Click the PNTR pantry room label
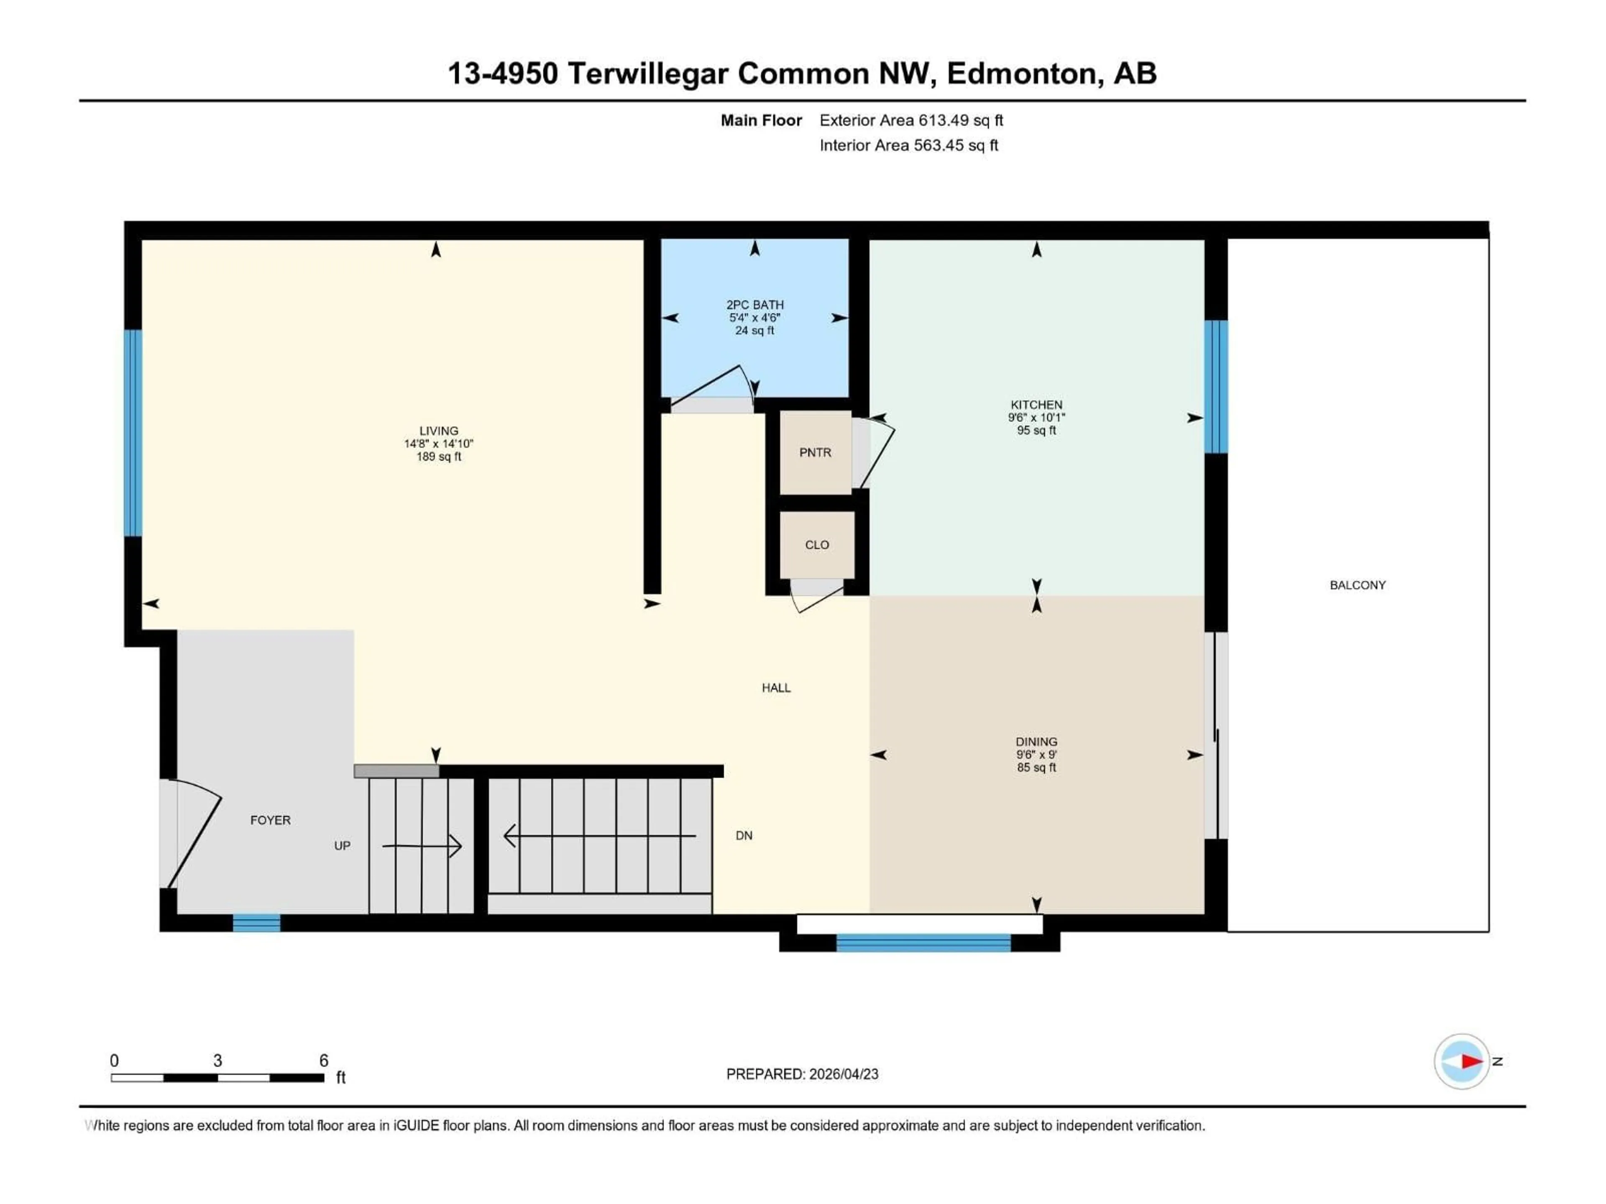815,452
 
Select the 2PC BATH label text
754,305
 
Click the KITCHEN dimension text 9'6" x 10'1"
1036,417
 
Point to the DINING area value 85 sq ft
1036,767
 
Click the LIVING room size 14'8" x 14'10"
439,444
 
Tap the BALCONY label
1357,585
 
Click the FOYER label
270,820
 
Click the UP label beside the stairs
342,845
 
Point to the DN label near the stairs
744,835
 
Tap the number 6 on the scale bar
324,1060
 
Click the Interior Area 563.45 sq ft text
908,145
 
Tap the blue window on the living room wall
133,433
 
